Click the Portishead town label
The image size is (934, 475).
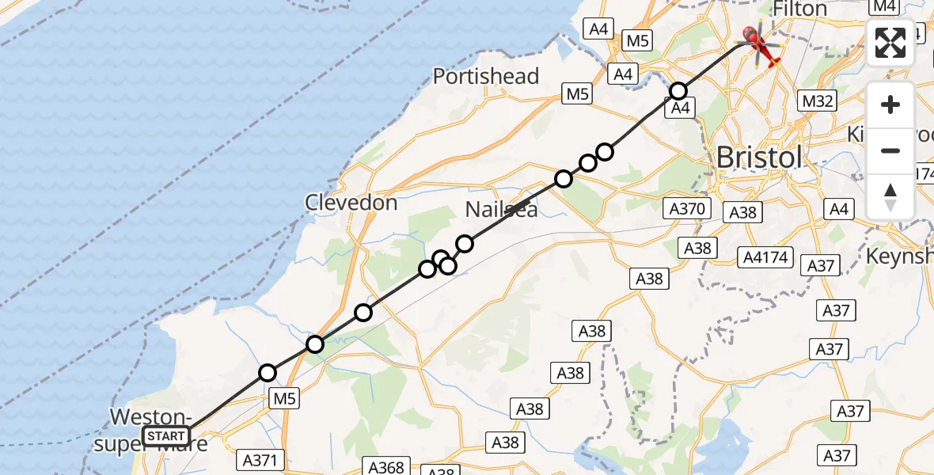pos(486,77)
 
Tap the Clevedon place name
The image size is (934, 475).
pos(351,203)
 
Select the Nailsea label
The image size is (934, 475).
pos(501,210)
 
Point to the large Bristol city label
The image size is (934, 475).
pos(758,157)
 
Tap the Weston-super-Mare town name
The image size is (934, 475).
pos(150,429)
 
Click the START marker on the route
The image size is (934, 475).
pos(166,436)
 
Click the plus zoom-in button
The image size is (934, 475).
pos(890,104)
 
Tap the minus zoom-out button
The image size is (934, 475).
pos(890,150)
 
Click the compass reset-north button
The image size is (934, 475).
pos(890,196)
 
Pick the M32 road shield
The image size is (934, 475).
pos(818,101)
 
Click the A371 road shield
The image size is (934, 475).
pos(258,459)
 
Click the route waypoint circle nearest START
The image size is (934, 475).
pos(268,373)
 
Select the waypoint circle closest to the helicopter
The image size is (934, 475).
pos(678,91)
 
